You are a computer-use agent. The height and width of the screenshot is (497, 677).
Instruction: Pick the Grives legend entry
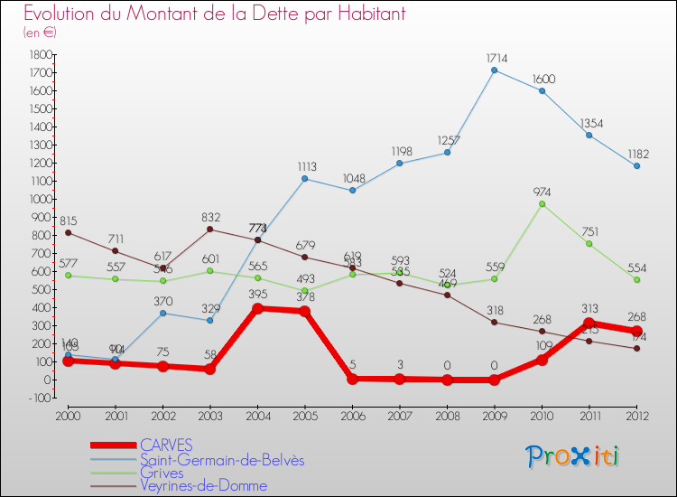tap(162, 473)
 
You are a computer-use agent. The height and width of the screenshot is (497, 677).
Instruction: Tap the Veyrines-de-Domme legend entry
tap(203, 486)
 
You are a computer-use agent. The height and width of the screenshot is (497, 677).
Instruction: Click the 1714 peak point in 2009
tap(495, 70)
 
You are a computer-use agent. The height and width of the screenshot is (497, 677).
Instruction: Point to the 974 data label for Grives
tap(541, 192)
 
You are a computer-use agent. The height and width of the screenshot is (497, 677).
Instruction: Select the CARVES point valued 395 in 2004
tap(257, 308)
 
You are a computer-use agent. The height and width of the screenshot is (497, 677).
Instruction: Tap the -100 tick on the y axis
tap(39, 398)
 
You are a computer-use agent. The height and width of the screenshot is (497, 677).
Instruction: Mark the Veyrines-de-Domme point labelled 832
tap(210, 230)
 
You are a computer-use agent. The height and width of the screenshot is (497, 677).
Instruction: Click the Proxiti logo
tap(573, 456)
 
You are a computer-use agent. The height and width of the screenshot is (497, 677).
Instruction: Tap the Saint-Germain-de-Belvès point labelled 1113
tap(305, 179)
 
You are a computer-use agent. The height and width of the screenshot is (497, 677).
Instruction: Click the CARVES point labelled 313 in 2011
tap(589, 323)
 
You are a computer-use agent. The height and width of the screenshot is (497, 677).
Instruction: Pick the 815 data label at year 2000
tap(69, 221)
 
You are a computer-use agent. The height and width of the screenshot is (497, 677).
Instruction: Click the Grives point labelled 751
tap(589, 244)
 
